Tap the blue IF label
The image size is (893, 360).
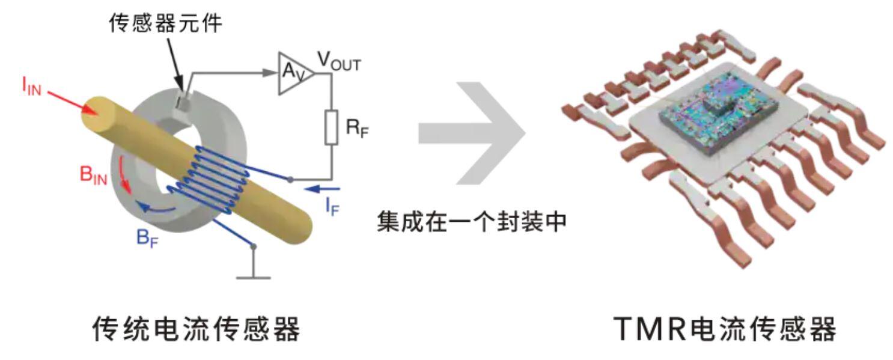pyautogui.click(x=334, y=206)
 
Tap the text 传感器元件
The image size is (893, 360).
pyautogui.click(x=166, y=23)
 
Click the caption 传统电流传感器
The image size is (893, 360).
pyautogui.click(x=196, y=328)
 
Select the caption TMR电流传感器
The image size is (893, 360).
pyautogui.click(x=725, y=328)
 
